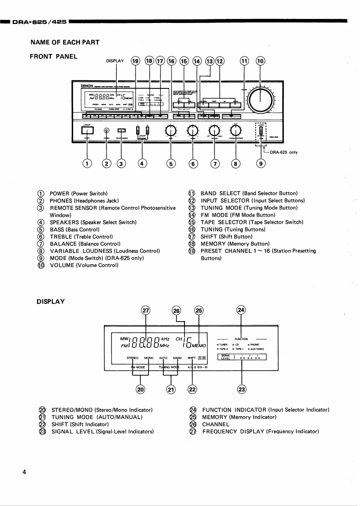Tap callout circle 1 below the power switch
[88, 164]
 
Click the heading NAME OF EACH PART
[65, 42]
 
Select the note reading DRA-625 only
[284, 152]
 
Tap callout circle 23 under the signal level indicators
[242, 389]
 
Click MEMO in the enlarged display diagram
[198, 345]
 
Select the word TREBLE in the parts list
[61, 236]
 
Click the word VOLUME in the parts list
[62, 265]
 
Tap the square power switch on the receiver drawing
[88, 131]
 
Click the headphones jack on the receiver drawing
[106, 131]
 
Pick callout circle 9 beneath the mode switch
[261, 164]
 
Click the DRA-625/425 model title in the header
[40, 21]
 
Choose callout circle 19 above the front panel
[136, 61]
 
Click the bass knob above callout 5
[171, 131]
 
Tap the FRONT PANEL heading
[53, 56]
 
